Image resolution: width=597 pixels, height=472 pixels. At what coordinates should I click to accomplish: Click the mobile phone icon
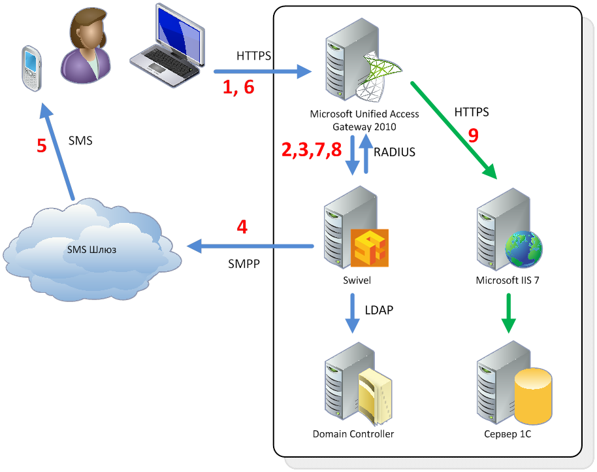(x=31, y=69)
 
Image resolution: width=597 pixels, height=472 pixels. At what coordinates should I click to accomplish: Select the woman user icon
(x=86, y=46)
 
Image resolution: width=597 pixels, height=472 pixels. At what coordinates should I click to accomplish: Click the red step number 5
(x=42, y=146)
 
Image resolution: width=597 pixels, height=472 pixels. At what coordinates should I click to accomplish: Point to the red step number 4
(x=242, y=227)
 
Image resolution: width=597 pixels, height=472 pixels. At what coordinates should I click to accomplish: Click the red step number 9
(x=473, y=135)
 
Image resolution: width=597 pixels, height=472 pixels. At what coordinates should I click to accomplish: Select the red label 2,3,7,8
(x=312, y=149)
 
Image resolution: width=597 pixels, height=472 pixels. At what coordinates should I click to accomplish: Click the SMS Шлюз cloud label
(x=91, y=250)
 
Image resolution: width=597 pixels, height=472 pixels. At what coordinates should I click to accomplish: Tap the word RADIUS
(x=395, y=152)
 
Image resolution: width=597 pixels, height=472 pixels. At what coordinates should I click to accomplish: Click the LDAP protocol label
(x=379, y=310)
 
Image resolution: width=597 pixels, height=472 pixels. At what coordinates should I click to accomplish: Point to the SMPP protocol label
(x=244, y=263)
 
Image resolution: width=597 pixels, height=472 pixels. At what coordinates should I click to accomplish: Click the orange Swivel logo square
(x=369, y=248)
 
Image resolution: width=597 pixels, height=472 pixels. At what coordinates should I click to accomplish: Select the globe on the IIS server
(x=523, y=249)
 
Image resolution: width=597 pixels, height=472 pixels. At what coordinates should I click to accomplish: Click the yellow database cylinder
(x=533, y=396)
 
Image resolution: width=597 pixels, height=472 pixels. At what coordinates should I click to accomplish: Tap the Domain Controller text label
(x=353, y=434)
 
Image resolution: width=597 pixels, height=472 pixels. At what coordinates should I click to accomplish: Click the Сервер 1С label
(x=508, y=434)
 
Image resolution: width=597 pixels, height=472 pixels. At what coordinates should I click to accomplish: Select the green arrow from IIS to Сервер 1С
(x=508, y=313)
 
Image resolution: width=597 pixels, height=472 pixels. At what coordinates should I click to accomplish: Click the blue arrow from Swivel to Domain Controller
(x=352, y=313)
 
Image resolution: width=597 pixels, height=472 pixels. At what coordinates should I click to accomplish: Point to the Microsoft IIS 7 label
(x=508, y=280)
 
